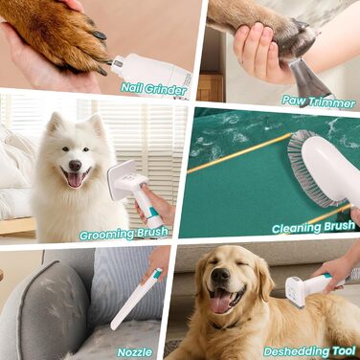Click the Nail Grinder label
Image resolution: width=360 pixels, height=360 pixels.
154,89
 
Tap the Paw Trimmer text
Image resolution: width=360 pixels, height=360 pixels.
319,102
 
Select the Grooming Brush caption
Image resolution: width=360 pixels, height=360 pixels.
124,234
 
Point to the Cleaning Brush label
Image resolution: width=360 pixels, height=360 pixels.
314,227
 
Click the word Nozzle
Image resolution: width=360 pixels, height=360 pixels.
135,352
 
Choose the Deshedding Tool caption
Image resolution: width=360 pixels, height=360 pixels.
309,351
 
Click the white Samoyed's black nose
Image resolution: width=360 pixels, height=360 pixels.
75,165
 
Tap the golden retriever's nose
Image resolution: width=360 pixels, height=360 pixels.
220,275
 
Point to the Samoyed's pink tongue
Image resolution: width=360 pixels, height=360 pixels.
76,180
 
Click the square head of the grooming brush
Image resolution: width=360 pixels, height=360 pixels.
122,179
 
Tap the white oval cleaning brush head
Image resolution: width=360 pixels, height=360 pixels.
328,170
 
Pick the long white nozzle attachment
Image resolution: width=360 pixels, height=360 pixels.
136,300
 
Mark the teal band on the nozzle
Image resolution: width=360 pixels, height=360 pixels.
157,274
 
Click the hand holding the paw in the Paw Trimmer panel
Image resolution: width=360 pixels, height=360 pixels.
259,51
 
